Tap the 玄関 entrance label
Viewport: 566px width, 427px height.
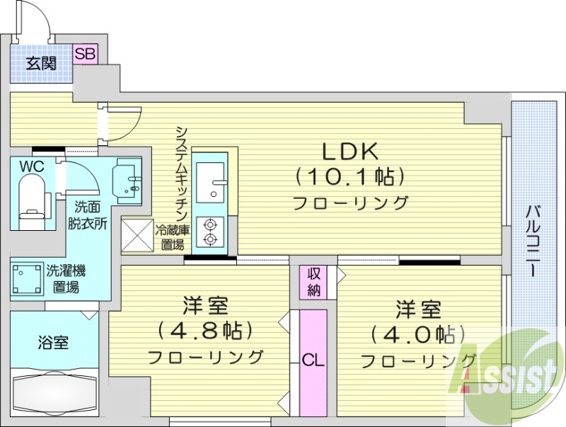click(42, 63)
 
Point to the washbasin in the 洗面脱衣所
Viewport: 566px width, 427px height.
click(128, 176)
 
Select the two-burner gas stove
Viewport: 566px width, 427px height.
click(210, 232)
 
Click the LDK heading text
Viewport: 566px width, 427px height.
click(351, 151)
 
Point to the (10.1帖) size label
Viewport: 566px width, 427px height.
click(351, 176)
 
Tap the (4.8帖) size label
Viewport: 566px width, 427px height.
click(205, 331)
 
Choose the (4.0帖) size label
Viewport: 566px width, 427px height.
click(417, 333)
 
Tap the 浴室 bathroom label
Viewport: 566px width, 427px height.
click(53, 343)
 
